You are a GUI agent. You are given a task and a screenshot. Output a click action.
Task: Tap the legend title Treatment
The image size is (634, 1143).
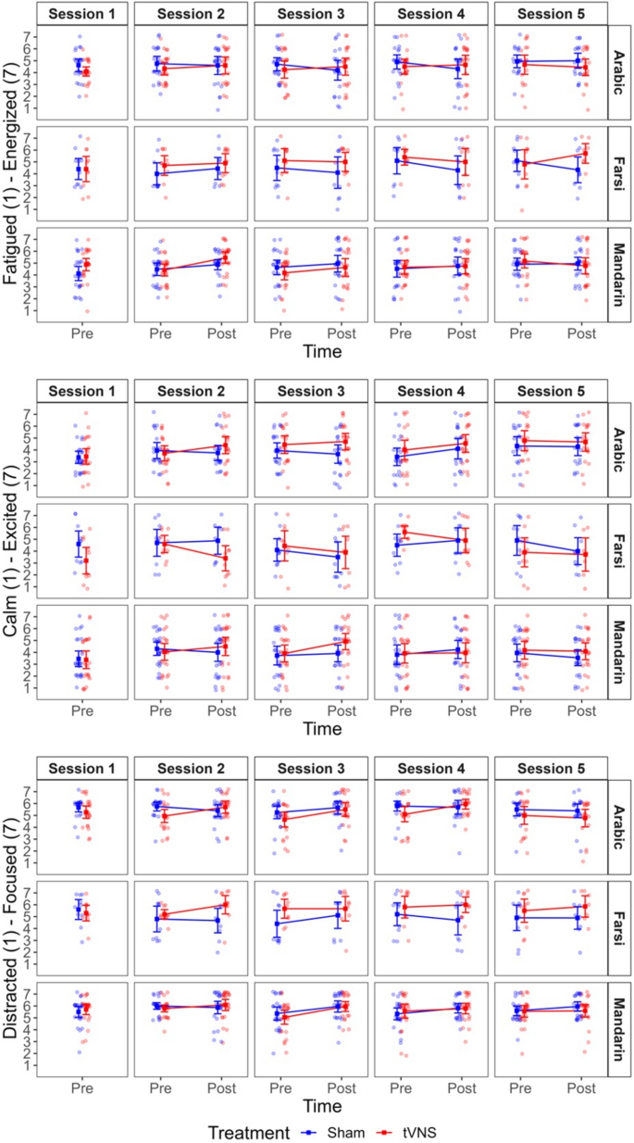[x=247, y=1132]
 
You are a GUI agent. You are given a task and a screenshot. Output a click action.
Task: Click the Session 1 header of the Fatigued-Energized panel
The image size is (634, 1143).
[x=82, y=14]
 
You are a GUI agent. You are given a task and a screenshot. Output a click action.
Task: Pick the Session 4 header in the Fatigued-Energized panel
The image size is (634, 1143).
[x=430, y=14]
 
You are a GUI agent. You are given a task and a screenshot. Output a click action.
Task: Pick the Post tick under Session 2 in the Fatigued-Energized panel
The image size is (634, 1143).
[x=219, y=332]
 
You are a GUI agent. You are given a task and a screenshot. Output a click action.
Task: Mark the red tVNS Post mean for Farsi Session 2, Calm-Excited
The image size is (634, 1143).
[x=223, y=559]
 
